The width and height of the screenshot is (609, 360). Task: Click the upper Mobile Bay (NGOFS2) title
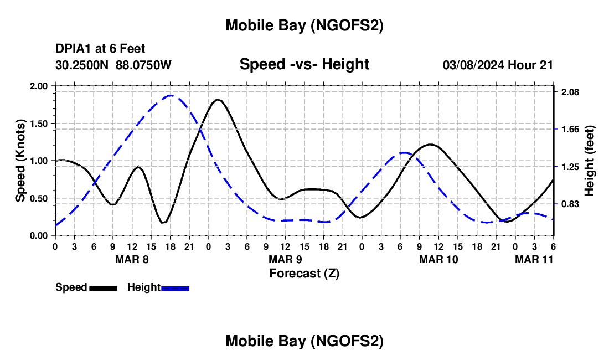[x=304, y=25]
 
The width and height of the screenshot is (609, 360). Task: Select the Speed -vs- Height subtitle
[x=304, y=64]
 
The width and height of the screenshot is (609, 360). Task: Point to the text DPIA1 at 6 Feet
[x=100, y=49]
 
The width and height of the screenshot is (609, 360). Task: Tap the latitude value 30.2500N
[x=83, y=65]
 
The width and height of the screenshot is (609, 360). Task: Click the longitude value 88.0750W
[x=143, y=65]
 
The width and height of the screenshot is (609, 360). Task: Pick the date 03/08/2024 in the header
[x=473, y=65]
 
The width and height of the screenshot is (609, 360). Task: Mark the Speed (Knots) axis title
[x=20, y=161]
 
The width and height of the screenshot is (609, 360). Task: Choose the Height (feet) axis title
[x=589, y=161]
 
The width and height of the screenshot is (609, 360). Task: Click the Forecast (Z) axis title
[x=304, y=273]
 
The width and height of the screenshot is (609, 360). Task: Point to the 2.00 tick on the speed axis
[x=39, y=86]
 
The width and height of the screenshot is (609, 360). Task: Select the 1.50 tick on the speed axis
[x=39, y=124]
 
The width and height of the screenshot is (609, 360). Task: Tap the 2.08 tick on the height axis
[x=570, y=92]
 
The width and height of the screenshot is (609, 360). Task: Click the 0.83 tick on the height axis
[x=570, y=204]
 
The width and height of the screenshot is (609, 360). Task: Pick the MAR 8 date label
[x=131, y=259]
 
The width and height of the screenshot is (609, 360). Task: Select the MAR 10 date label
[x=438, y=259]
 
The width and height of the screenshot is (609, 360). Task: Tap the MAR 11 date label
[x=534, y=259]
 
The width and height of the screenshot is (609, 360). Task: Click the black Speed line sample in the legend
[x=103, y=288]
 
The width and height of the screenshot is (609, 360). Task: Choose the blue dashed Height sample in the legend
[x=175, y=288]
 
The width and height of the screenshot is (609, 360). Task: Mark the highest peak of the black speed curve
[x=218, y=100]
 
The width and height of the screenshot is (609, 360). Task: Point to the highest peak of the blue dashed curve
[x=171, y=95]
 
